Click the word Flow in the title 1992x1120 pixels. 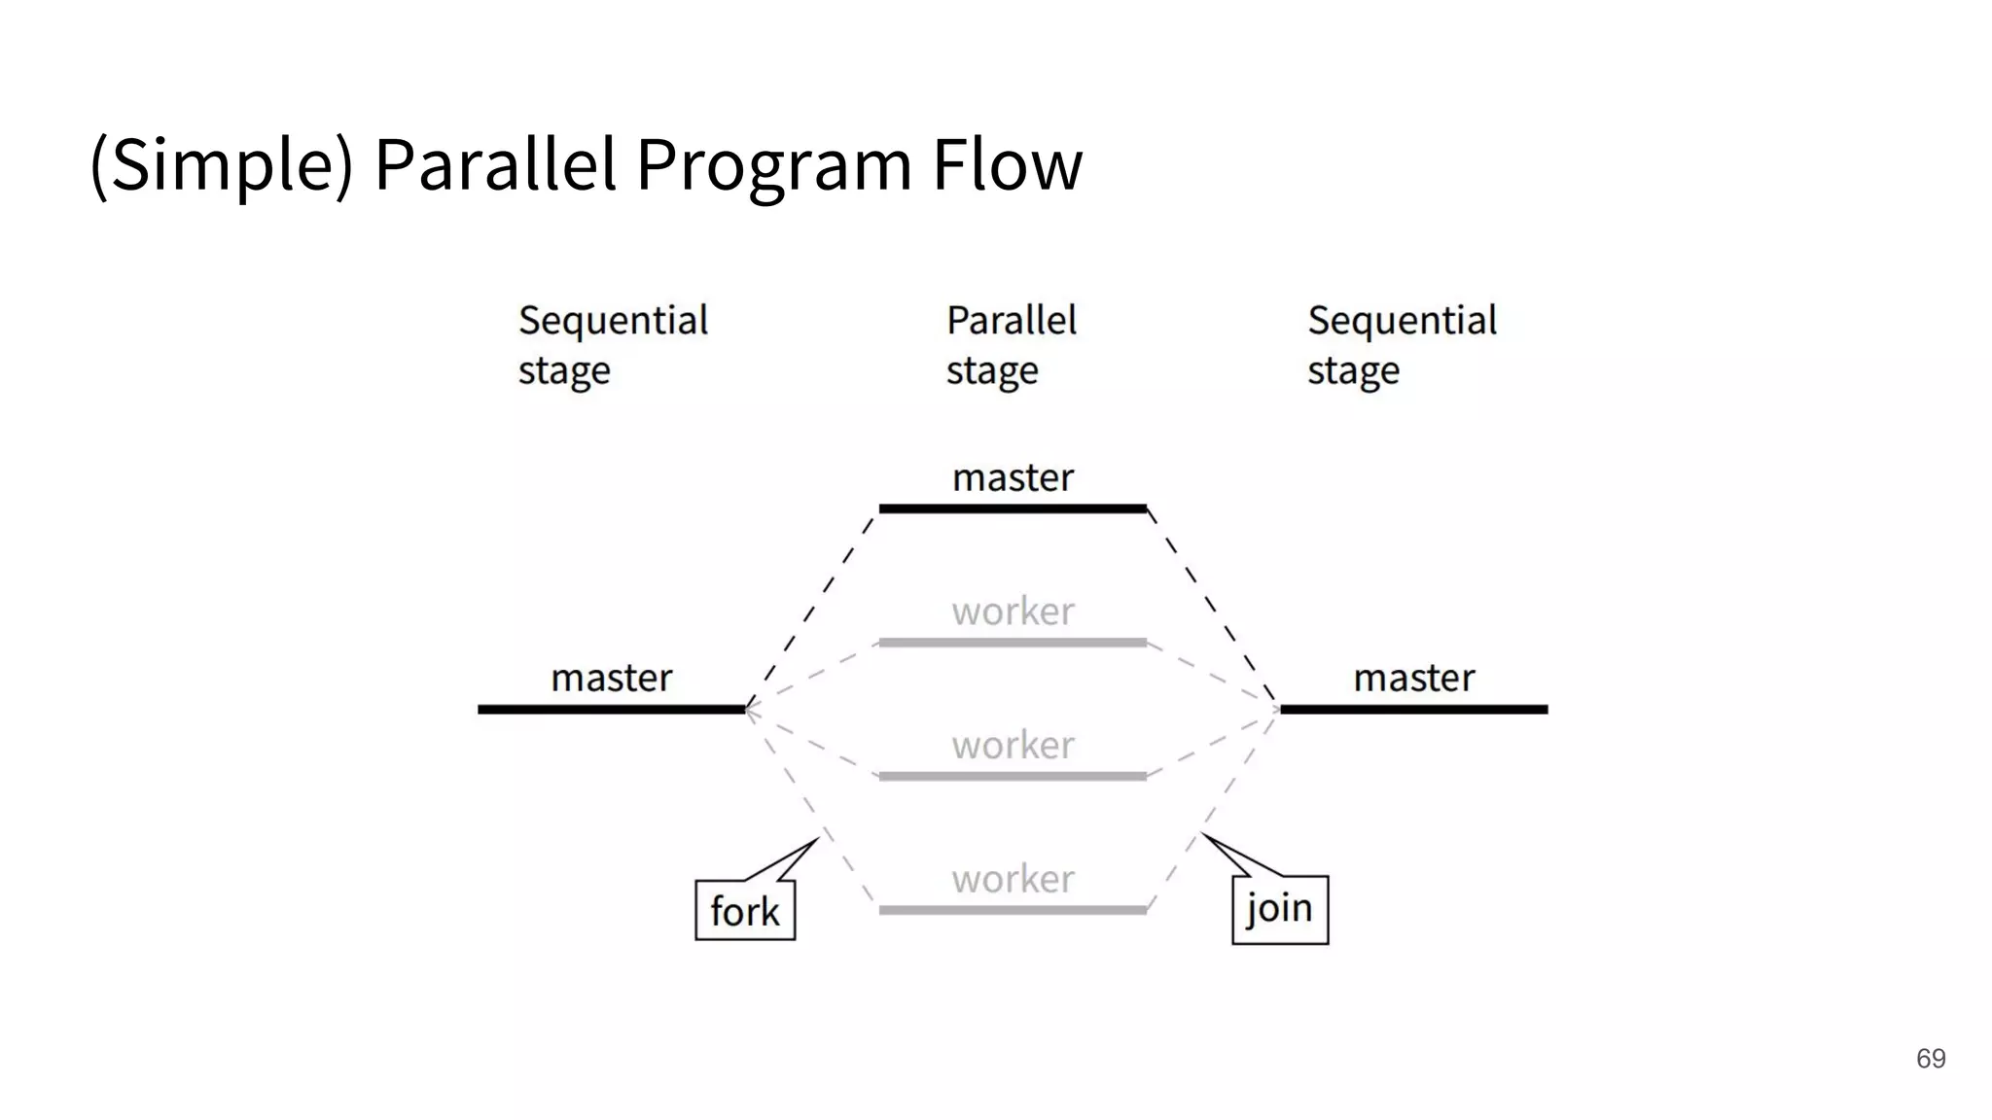(x=1007, y=163)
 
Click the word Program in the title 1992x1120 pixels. (x=773, y=165)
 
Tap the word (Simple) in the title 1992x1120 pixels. (x=222, y=165)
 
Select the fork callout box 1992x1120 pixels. (x=745, y=910)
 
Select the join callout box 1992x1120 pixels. (x=1279, y=909)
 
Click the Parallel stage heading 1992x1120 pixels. (x=1011, y=345)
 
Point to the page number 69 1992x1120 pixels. (x=1930, y=1058)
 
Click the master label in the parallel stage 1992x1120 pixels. (x=1013, y=477)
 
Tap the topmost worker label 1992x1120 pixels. (x=1013, y=612)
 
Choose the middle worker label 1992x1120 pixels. (x=1013, y=746)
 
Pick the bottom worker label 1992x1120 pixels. (x=1013, y=880)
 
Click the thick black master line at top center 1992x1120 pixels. (x=1013, y=508)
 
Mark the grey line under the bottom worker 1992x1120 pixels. (x=1013, y=910)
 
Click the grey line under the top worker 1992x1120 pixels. (x=1013, y=643)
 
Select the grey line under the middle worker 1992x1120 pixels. (x=1013, y=776)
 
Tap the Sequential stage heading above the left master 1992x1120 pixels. (x=613, y=345)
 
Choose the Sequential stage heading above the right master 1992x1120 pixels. (x=1402, y=345)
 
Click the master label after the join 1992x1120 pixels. (x=1414, y=678)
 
